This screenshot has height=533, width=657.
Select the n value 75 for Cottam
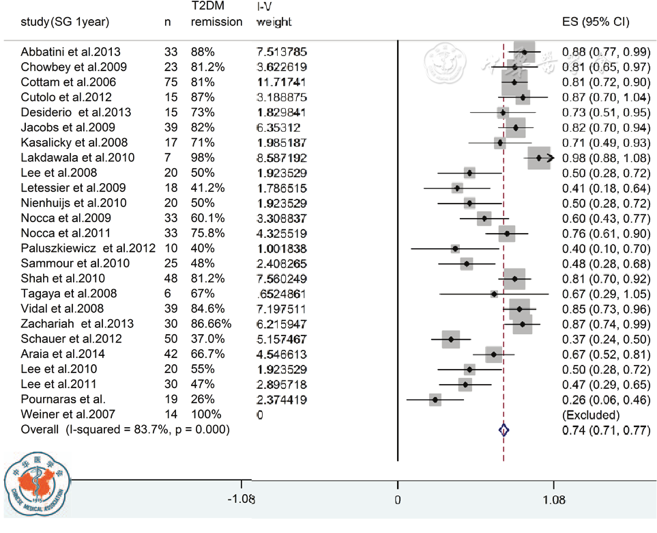click(x=170, y=82)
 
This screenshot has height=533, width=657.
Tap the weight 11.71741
click(x=281, y=82)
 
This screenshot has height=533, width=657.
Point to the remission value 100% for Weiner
click(x=206, y=414)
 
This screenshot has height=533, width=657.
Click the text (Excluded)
click(x=591, y=414)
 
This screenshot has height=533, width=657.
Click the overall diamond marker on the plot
click(x=504, y=430)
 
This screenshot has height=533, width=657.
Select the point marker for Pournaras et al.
click(x=435, y=399)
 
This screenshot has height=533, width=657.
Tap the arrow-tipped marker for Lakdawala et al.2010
click(x=540, y=158)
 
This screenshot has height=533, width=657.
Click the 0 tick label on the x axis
click(x=398, y=500)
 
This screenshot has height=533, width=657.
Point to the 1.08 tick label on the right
click(x=555, y=500)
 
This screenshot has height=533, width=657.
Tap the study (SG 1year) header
click(x=65, y=21)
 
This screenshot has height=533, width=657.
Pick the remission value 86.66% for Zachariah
click(x=211, y=323)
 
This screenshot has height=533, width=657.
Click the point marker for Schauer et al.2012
click(x=450, y=339)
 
